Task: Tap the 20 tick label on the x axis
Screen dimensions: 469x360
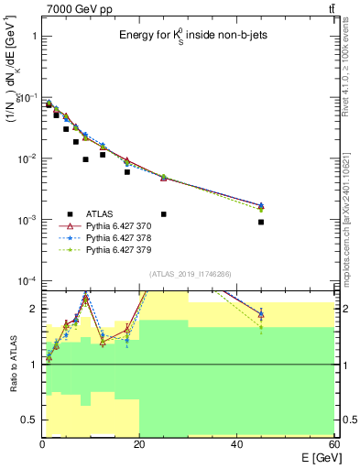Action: tap(139, 443)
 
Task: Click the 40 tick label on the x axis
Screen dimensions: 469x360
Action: tap(236, 443)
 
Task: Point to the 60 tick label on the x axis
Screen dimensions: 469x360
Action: tap(333, 443)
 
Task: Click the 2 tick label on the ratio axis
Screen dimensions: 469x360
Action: tap(34, 309)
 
